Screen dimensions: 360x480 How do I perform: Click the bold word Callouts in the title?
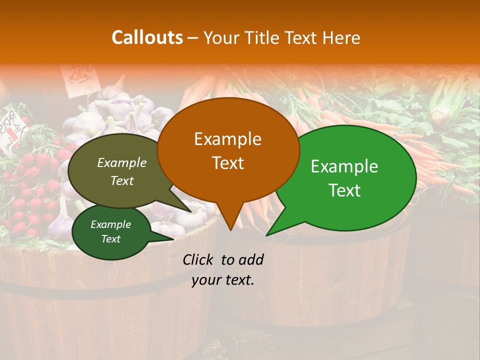coord(147,37)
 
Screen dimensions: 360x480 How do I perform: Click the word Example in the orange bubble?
coord(227,139)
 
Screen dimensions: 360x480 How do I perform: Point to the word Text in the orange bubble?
coord(227,163)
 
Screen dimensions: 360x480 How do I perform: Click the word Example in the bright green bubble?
coord(344,166)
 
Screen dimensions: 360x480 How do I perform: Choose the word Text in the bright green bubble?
coord(344,190)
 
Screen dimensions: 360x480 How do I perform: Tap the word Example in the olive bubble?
coord(122,162)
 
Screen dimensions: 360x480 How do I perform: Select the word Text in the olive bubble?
coord(122,180)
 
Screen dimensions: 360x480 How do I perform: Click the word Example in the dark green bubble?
coord(111,224)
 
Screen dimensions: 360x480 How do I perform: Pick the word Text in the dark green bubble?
coord(111,239)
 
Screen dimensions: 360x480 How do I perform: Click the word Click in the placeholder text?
coord(198,259)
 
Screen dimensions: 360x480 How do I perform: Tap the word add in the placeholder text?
coord(251,259)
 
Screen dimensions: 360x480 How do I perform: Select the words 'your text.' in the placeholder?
coord(222,280)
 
